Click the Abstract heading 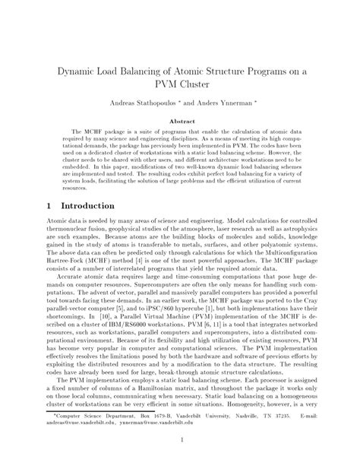point(179,122)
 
